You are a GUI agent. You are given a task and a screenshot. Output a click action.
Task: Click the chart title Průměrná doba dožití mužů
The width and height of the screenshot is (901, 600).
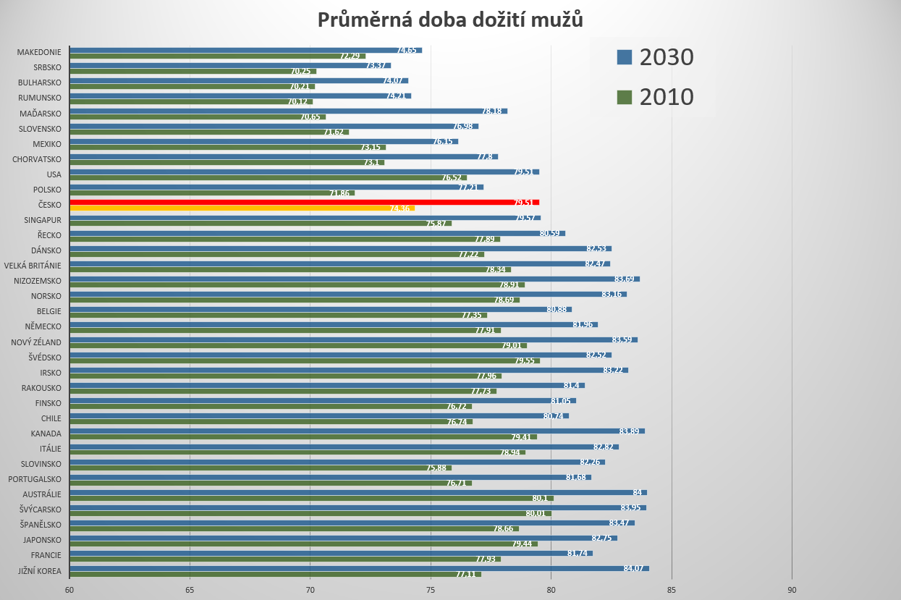[450, 20]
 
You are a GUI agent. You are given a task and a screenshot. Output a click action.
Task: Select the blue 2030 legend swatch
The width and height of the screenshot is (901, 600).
[625, 57]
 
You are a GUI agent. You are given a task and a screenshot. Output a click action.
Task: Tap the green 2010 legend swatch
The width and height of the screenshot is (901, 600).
[625, 97]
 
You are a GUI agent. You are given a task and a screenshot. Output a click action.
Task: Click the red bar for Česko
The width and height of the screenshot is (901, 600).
[304, 203]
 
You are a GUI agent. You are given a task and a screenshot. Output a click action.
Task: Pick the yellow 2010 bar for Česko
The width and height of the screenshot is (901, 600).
[242, 208]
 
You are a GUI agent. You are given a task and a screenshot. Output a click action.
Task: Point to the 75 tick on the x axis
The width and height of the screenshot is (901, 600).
[431, 589]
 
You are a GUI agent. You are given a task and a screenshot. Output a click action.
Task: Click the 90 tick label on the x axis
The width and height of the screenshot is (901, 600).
[792, 589]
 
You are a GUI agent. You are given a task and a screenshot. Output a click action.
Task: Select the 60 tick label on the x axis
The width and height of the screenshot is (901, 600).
[69, 589]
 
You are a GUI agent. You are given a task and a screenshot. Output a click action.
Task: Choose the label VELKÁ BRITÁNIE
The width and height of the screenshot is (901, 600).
[33, 266]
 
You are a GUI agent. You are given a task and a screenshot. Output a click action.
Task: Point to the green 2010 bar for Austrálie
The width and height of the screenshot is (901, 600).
[311, 498]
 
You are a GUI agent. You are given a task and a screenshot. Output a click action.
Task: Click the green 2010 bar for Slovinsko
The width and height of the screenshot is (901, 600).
[260, 468]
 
